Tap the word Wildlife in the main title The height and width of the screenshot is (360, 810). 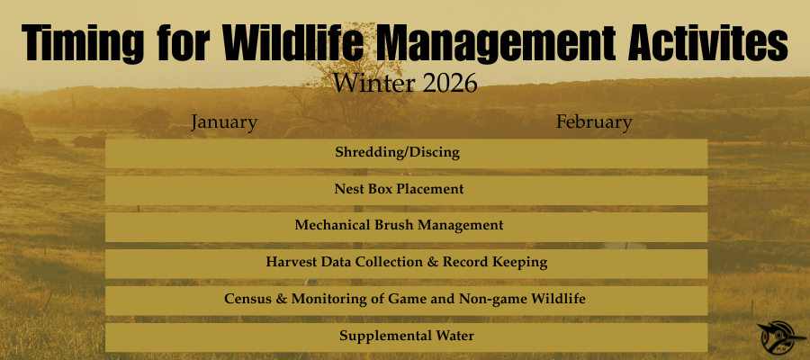293,40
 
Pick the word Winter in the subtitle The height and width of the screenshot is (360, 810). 373,83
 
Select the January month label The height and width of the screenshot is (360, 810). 224,123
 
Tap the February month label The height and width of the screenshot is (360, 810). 594,123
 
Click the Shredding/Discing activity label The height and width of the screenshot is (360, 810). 397,152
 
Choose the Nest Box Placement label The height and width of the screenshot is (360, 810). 399,189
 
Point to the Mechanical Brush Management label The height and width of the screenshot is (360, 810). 399,225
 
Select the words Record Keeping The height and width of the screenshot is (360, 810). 495,263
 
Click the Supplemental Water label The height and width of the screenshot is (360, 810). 407,336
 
